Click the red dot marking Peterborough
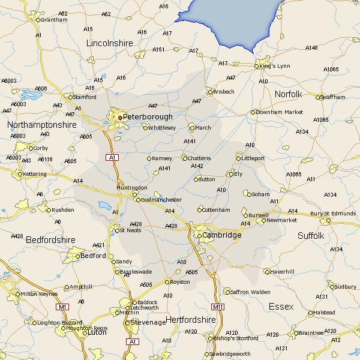(119, 118)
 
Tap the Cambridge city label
(222, 235)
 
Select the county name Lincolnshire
(109, 43)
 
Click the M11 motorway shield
(218, 307)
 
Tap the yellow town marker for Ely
(231, 174)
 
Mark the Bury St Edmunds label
(333, 214)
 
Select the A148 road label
(311, 47)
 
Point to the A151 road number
(158, 49)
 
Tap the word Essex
(281, 307)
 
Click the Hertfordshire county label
(190, 320)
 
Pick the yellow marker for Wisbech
(209, 92)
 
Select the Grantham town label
(54, 19)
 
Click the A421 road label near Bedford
(98, 245)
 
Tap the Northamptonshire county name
(42, 125)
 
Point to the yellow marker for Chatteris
(185, 158)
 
